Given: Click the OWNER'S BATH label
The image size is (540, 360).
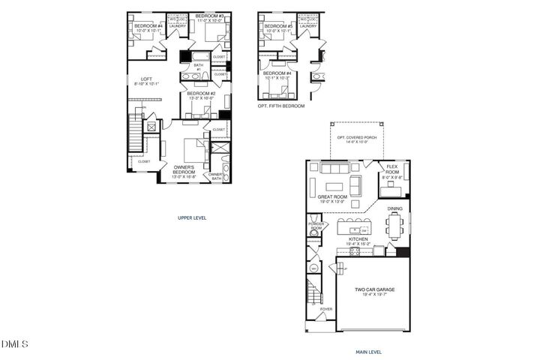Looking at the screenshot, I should pyautogui.click(x=216, y=176).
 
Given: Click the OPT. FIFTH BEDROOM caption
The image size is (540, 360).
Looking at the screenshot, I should pyautogui.click(x=281, y=106).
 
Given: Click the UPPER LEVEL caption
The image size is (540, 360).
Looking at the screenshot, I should pyautogui.click(x=191, y=217).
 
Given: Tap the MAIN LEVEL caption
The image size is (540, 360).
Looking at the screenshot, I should pyautogui.click(x=368, y=350).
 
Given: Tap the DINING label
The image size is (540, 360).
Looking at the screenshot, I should pyautogui.click(x=395, y=209).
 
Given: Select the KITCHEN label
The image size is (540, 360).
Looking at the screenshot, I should pyautogui.click(x=356, y=241).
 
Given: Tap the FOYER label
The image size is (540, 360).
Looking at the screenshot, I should pyautogui.click(x=326, y=308).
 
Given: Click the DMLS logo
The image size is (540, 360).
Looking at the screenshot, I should pyautogui.click(x=15, y=344).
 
